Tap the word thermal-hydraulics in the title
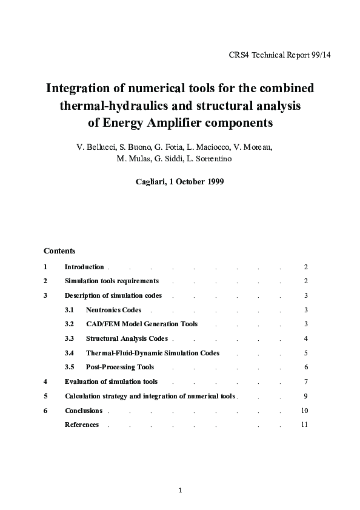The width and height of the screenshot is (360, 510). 112,106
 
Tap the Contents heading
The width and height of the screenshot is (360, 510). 59,250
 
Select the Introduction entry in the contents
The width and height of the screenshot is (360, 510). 84,267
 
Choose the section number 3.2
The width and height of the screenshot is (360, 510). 69,324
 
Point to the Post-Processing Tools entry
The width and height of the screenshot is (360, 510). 120,367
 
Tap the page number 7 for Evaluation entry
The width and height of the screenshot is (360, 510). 306,381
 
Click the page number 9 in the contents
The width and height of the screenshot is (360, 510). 306,396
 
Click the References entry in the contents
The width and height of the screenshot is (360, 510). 82,424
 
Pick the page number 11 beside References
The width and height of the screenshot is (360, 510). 304,424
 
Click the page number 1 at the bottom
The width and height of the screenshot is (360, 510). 180,490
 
